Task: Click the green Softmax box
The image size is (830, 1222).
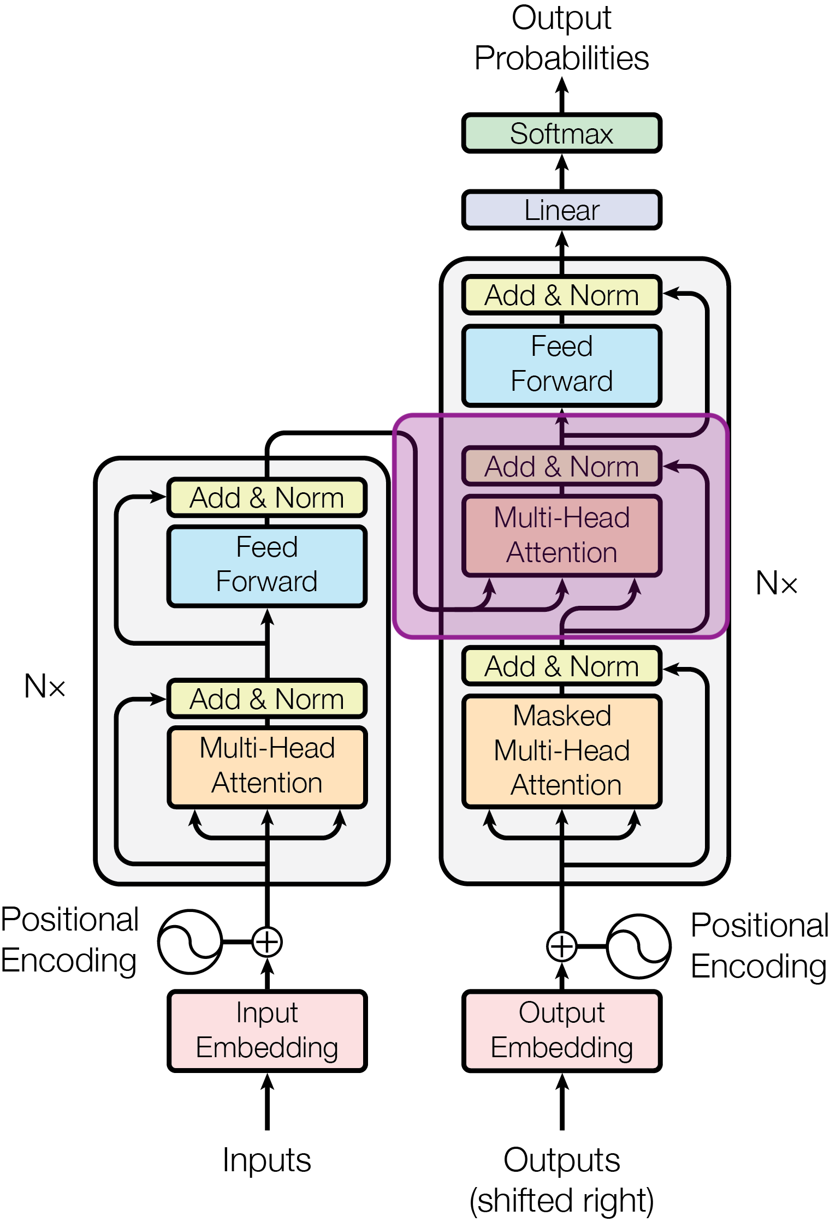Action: (x=562, y=133)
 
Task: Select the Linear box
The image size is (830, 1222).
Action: (x=562, y=210)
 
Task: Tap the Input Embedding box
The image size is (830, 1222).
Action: (x=267, y=1031)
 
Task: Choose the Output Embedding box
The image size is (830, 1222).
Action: (x=562, y=1031)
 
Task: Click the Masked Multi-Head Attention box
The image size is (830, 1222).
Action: (x=562, y=751)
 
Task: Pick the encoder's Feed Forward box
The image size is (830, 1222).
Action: (x=267, y=566)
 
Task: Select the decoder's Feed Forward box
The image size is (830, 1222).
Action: (x=562, y=366)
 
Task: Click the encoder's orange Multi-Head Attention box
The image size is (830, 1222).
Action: (x=267, y=767)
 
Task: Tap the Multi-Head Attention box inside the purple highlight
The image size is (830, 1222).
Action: (x=562, y=535)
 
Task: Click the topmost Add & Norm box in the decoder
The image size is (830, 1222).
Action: (x=562, y=295)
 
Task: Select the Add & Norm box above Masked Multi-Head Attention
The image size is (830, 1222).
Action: (x=562, y=666)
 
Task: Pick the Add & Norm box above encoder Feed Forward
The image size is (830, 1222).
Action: (x=267, y=497)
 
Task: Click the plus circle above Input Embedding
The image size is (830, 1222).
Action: (x=267, y=941)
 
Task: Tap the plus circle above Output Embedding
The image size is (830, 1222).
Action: (x=562, y=946)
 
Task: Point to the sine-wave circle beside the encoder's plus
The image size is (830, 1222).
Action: (x=190, y=941)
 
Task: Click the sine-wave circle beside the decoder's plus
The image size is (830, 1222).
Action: (x=639, y=946)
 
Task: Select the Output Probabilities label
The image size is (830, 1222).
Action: (x=562, y=38)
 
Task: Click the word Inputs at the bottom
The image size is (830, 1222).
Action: (x=267, y=1160)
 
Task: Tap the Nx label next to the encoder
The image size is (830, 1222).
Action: (x=45, y=685)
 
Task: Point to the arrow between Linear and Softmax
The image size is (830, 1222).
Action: (x=562, y=172)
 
